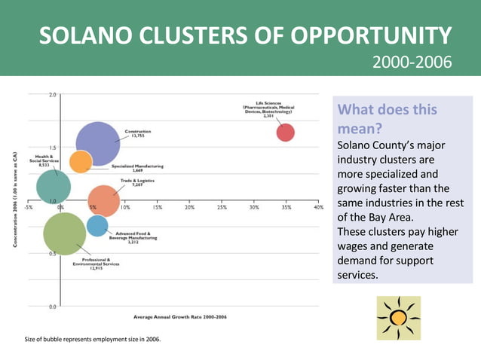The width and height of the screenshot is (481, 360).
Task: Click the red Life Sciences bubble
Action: (285, 133)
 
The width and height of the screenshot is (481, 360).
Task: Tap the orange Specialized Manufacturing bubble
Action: (81, 161)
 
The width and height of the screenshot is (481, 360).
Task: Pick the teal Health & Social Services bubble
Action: (54, 187)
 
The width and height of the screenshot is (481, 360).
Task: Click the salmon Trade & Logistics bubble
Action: (104, 201)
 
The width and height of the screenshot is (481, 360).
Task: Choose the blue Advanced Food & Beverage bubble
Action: (97, 225)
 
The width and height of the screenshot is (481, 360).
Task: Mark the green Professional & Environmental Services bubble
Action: (65, 233)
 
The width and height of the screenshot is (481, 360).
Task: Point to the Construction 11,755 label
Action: (137, 133)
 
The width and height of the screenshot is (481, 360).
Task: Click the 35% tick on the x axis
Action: (286, 207)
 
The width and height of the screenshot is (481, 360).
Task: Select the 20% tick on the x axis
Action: (190, 207)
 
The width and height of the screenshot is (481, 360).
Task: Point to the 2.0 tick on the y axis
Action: (52, 95)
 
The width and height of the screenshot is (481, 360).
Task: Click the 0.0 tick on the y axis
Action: (52, 307)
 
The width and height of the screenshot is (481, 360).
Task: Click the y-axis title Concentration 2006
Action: (15, 200)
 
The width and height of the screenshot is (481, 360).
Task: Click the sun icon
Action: (398, 318)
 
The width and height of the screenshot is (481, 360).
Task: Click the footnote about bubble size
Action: (93, 340)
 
